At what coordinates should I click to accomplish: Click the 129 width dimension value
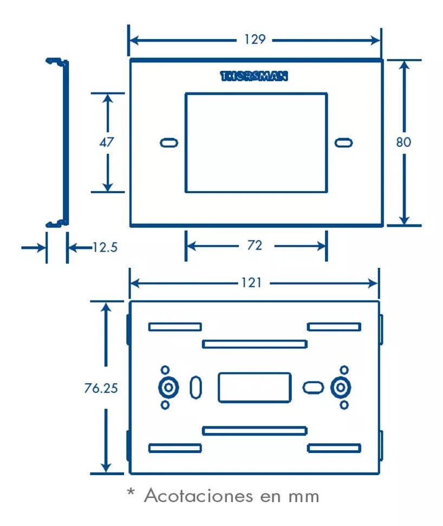click(x=255, y=40)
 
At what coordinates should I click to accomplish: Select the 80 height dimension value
click(x=403, y=142)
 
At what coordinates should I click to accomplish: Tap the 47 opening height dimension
click(x=107, y=142)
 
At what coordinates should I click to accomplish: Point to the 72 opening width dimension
click(x=255, y=245)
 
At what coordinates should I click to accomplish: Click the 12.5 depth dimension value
click(x=105, y=248)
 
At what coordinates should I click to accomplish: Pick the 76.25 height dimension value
click(x=101, y=387)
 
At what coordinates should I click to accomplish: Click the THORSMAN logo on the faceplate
click(x=255, y=76)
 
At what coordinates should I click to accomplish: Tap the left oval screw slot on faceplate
click(x=169, y=143)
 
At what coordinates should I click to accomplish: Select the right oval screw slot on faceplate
click(x=343, y=143)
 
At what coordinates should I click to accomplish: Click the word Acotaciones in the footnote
click(x=199, y=496)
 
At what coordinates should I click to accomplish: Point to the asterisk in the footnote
click(x=131, y=492)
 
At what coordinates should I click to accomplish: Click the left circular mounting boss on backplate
click(x=168, y=387)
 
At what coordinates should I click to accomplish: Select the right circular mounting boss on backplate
click(x=341, y=387)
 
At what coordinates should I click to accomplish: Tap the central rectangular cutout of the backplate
click(x=255, y=387)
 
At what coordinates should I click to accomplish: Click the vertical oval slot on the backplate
click(x=196, y=387)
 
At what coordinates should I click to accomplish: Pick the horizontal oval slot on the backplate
click(x=312, y=387)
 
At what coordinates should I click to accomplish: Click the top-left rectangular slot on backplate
click(x=175, y=327)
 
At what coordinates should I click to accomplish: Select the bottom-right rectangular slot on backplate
click(x=334, y=448)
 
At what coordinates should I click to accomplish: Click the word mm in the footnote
click(x=304, y=497)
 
